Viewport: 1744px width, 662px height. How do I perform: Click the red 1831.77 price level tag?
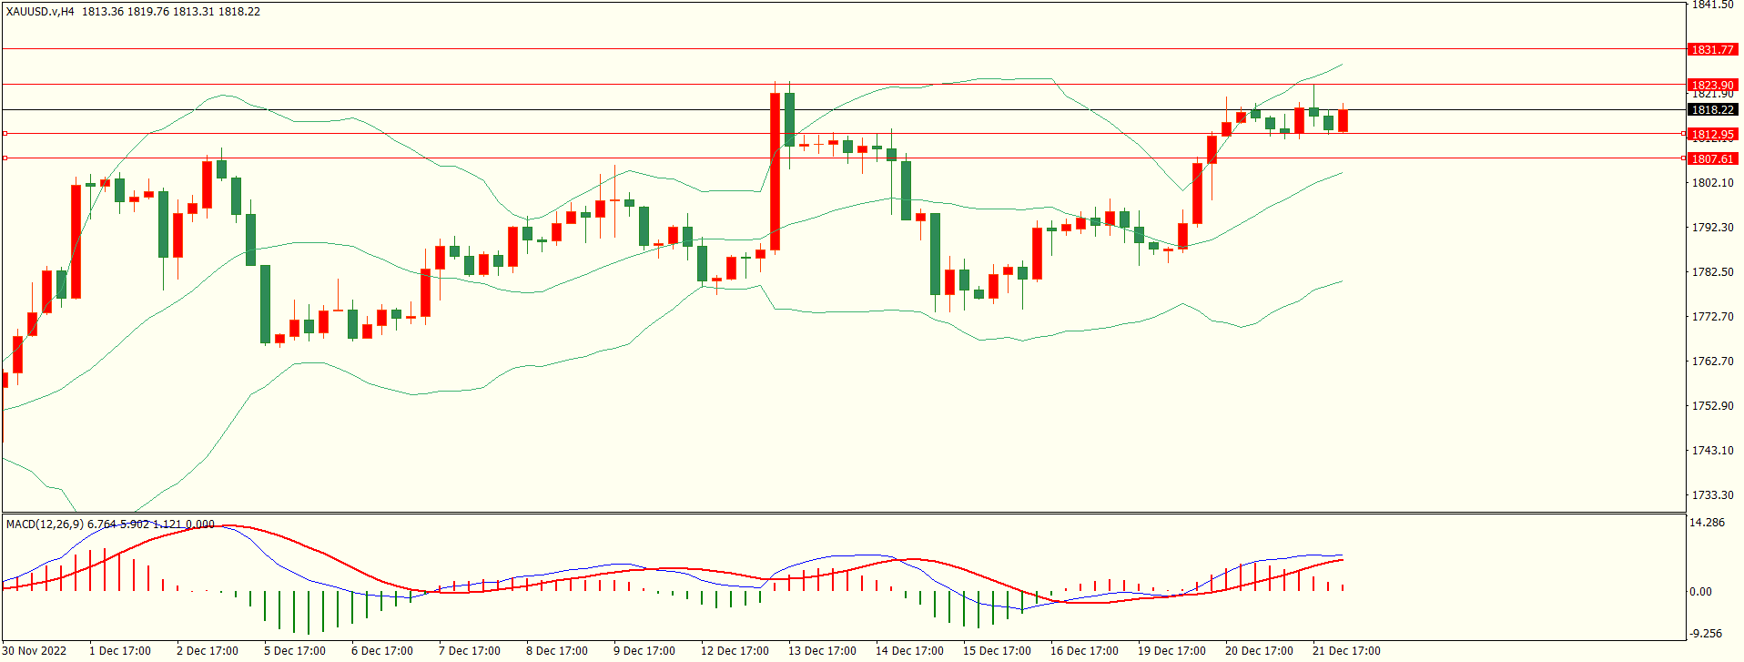[1712, 49]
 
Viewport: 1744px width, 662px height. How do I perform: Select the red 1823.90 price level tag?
[1712, 85]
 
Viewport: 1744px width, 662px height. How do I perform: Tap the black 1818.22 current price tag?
[1712, 109]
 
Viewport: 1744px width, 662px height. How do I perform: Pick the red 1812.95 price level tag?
[1712, 134]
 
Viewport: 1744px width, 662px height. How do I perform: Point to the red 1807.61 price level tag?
[1712, 158]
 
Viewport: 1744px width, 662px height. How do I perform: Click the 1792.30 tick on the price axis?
[1712, 227]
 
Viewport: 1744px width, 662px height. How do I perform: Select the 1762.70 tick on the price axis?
[1712, 361]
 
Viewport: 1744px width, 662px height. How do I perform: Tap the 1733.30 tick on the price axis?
[1712, 494]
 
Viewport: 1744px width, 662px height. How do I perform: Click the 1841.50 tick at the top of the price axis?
[1712, 5]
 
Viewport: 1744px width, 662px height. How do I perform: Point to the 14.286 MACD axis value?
[1707, 523]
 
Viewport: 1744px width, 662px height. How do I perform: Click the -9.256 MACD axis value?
[1706, 633]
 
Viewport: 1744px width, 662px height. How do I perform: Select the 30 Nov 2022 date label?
[35, 650]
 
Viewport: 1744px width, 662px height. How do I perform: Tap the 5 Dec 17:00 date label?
[294, 650]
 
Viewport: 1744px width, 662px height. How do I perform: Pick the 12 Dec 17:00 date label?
[734, 650]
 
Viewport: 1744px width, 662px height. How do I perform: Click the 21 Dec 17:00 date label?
[1345, 650]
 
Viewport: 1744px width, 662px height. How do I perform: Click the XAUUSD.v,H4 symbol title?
[40, 12]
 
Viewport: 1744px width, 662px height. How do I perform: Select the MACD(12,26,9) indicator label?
[44, 524]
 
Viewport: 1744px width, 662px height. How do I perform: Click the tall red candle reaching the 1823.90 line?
[775, 171]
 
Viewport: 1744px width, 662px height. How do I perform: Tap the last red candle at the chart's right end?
[1343, 120]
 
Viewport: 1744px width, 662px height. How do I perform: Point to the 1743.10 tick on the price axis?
[1712, 450]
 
